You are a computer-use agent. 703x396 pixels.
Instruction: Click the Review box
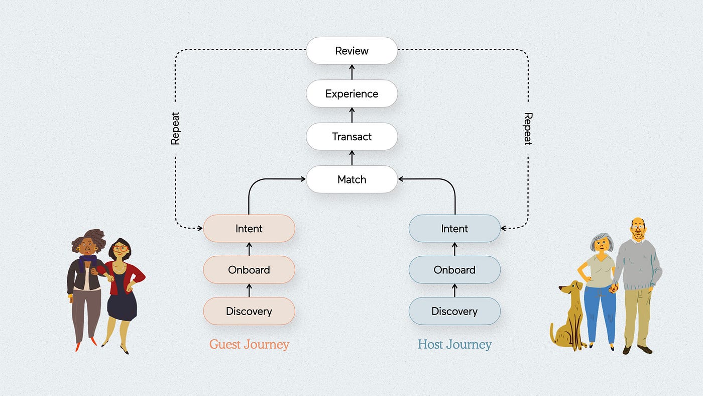point(352,51)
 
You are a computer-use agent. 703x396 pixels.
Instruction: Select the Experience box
point(352,93)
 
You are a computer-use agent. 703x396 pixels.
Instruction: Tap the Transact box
point(352,136)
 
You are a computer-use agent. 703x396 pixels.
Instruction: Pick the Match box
point(352,179)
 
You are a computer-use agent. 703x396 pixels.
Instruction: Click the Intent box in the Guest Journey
point(249,228)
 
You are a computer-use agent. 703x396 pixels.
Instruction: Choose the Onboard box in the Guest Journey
point(249,270)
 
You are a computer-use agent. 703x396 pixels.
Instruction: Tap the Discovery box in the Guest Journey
point(249,311)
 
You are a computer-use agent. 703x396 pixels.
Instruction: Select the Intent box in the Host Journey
point(454,228)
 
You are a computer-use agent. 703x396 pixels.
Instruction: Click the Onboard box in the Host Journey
point(454,270)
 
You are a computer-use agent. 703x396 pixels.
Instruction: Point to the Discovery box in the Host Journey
point(454,311)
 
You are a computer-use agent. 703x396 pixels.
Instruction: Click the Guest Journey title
point(249,345)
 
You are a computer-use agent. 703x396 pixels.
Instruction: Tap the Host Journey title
point(454,345)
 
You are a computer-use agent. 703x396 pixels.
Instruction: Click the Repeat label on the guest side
point(175,129)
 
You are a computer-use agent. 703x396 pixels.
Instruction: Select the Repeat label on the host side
point(528,129)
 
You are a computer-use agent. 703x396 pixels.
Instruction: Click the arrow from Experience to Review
point(352,72)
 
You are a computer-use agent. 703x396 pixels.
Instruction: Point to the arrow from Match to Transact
point(352,158)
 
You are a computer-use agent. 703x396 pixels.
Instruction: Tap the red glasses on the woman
point(120,249)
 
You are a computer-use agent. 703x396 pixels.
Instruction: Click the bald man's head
point(638,229)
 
